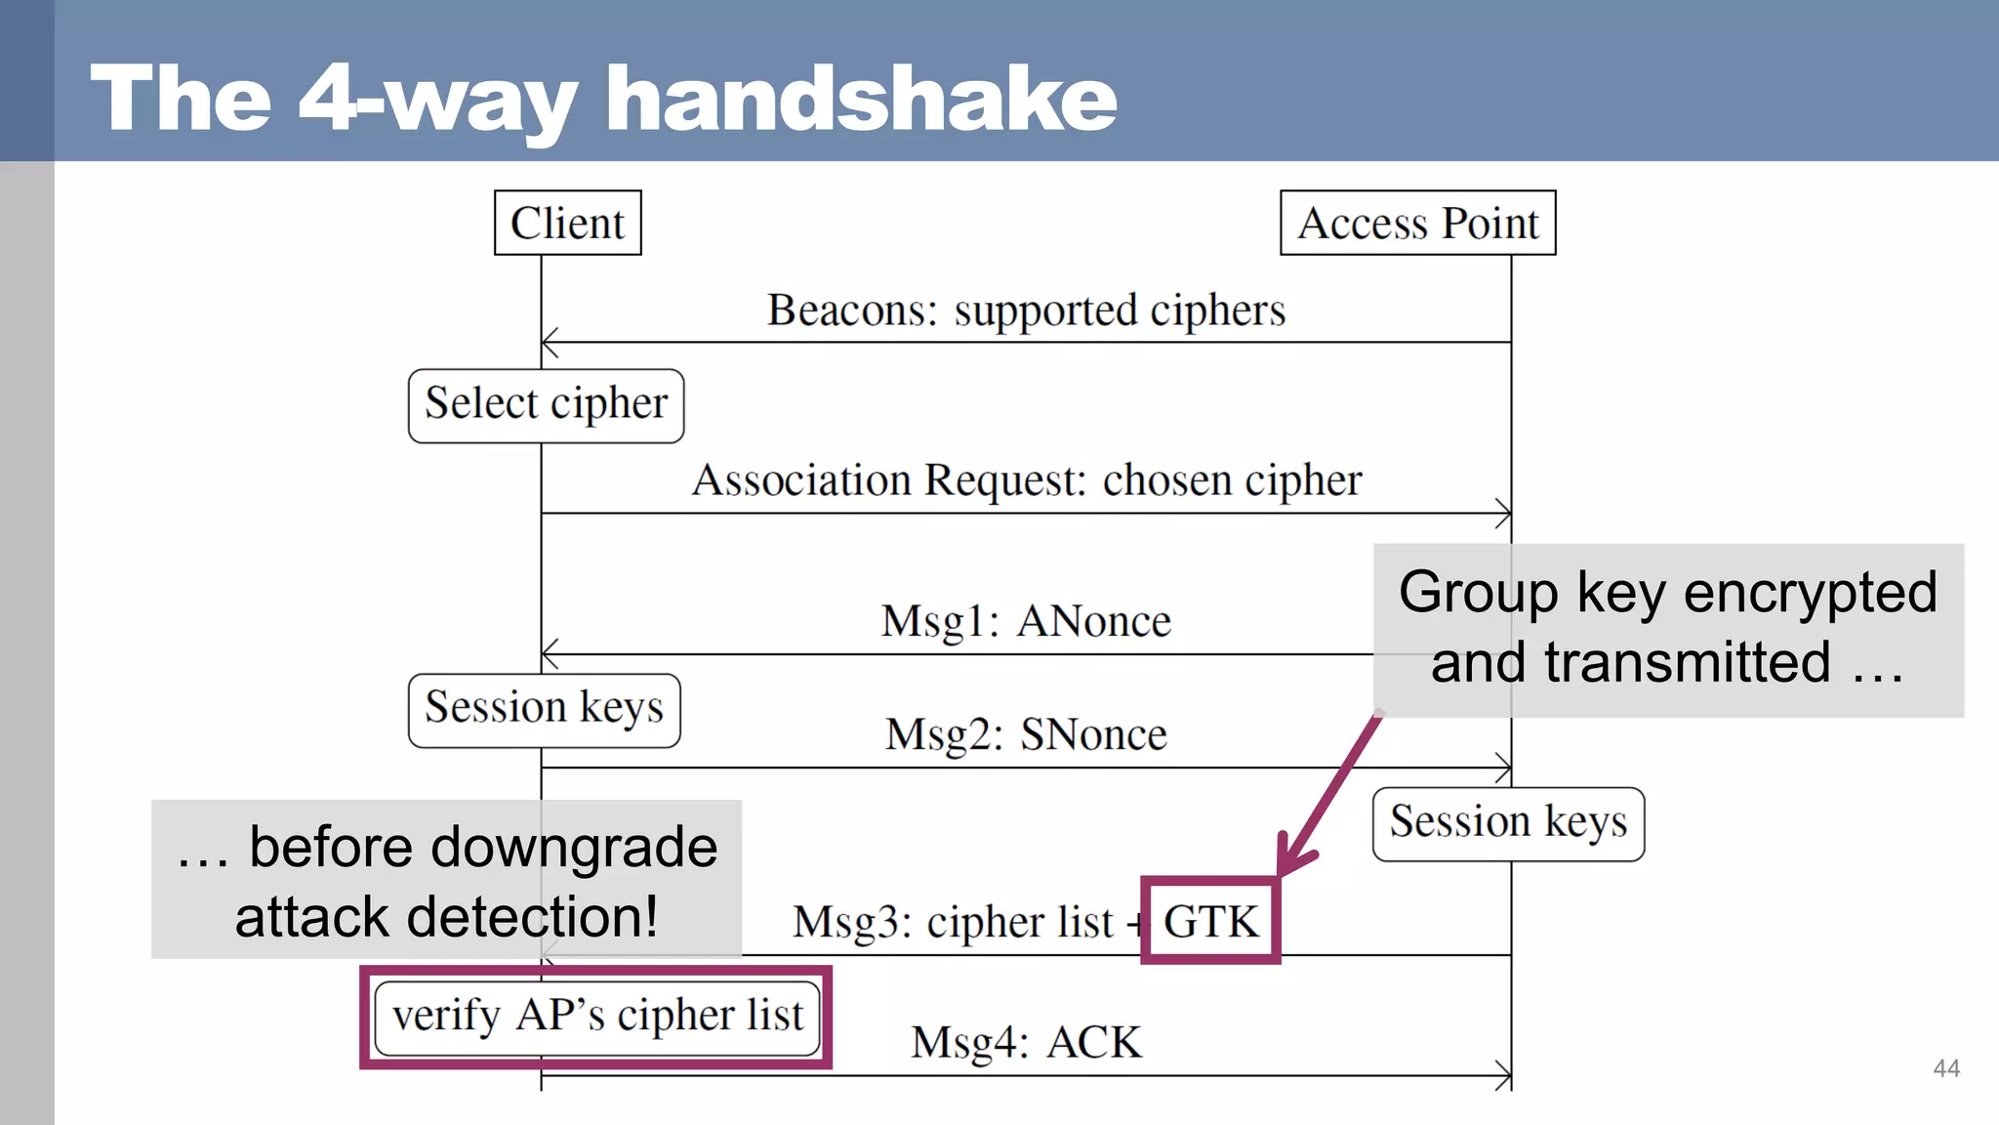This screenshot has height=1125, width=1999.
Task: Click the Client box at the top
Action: coord(567,223)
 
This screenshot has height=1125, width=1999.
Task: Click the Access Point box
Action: coord(1417,223)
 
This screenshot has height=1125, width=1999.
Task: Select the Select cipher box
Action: coord(546,405)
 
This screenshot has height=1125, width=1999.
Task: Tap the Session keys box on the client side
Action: coord(544,710)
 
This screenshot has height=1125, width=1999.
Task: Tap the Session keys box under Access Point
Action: coord(1508,823)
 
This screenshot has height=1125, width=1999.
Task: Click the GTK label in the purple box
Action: coord(1210,922)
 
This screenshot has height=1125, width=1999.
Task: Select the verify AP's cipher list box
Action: coord(596,1018)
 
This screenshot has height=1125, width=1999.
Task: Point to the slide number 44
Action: coord(1945,1068)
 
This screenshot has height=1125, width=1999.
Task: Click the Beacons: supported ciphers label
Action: coord(1026,311)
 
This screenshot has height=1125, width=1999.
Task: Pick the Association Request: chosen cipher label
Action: coord(1026,480)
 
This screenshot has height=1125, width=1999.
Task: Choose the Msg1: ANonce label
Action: coord(1026,621)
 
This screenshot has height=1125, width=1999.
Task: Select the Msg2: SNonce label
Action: coord(1026,734)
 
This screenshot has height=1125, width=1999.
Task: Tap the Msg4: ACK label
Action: coord(1026,1043)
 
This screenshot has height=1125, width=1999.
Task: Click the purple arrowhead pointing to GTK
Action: coord(1290,859)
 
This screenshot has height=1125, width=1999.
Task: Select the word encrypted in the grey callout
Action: coord(1810,593)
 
